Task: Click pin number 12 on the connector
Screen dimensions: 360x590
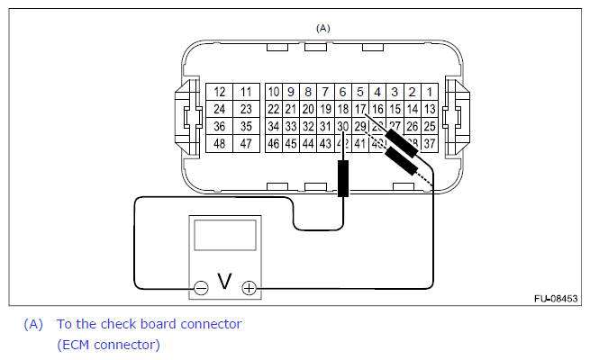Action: (219, 92)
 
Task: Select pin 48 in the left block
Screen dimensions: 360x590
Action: (219, 143)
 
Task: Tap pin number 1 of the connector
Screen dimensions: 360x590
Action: (430, 92)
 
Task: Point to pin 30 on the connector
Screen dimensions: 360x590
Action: (342, 126)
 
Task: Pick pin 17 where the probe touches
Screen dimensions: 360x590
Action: (360, 109)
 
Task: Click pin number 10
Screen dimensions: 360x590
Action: (274, 92)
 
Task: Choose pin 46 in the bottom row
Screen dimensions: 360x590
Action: (274, 143)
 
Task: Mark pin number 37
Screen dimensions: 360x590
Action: (430, 143)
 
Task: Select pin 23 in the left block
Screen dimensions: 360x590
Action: (245, 109)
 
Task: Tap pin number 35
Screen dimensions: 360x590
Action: (245, 126)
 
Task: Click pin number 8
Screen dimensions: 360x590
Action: (308, 92)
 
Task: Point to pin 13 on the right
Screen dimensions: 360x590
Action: (430, 109)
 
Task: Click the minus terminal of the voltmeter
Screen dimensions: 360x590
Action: (201, 289)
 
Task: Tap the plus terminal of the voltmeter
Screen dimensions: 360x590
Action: (249, 289)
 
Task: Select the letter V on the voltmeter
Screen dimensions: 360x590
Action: (224, 283)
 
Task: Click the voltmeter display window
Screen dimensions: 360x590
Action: (224, 237)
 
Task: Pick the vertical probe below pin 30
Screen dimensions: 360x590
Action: (342, 179)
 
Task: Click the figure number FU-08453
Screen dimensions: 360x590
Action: (555, 298)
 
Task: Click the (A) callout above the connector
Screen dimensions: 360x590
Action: (322, 28)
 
